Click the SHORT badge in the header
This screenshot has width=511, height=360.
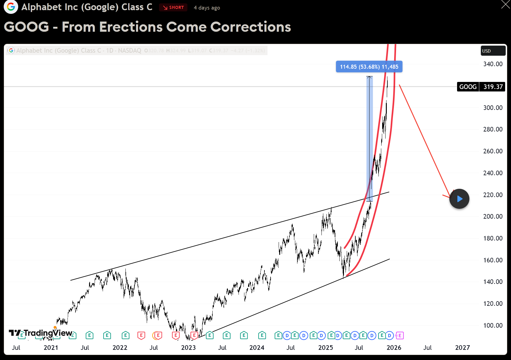coord(173,7)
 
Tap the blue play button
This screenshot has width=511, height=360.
coord(459,199)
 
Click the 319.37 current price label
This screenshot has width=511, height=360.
coord(493,87)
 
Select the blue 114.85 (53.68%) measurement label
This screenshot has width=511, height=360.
coord(369,67)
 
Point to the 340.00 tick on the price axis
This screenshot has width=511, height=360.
coord(493,64)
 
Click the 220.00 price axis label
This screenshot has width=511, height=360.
coord(493,195)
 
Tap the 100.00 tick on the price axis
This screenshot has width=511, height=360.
coord(493,325)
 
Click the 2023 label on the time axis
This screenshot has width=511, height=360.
coord(188,347)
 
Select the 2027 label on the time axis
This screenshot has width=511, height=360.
coord(462,347)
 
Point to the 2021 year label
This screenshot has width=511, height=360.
coord(51,347)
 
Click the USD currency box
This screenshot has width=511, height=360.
coord(493,51)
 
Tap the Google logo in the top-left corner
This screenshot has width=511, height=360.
coord(11,7)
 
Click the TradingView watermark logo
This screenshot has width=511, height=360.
coord(41,333)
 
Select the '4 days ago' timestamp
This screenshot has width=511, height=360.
coord(207,8)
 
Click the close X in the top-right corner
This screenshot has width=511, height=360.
coord(505,4)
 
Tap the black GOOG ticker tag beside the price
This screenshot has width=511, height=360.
coord(468,87)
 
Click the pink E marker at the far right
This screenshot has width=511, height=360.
coord(399,335)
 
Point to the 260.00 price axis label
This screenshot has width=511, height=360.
coord(493,151)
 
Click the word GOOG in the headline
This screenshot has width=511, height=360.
coord(27,27)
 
